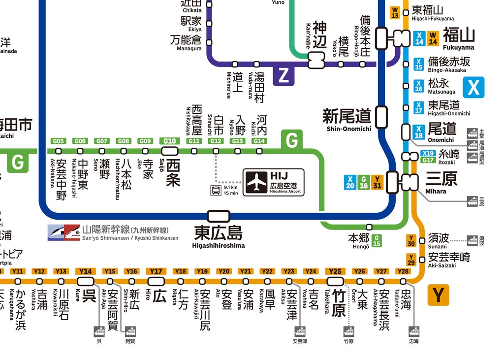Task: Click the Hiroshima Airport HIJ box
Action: (x=273, y=182)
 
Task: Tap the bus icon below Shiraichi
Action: (x=216, y=190)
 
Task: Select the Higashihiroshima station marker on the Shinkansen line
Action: (x=219, y=216)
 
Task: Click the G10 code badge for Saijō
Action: (x=169, y=141)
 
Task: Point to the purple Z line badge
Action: (x=283, y=75)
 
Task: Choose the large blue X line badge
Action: (x=473, y=87)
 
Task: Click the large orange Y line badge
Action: (x=438, y=295)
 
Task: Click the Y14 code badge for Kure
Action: (x=86, y=271)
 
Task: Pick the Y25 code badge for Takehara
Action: (x=335, y=271)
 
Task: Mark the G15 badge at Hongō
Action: (x=377, y=240)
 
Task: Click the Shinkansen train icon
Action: (x=64, y=232)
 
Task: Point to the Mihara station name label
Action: (x=441, y=180)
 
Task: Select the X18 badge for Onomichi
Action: (x=419, y=132)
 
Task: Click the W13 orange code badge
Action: (x=395, y=12)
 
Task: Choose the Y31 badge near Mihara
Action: (x=377, y=182)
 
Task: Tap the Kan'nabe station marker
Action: (x=317, y=61)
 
